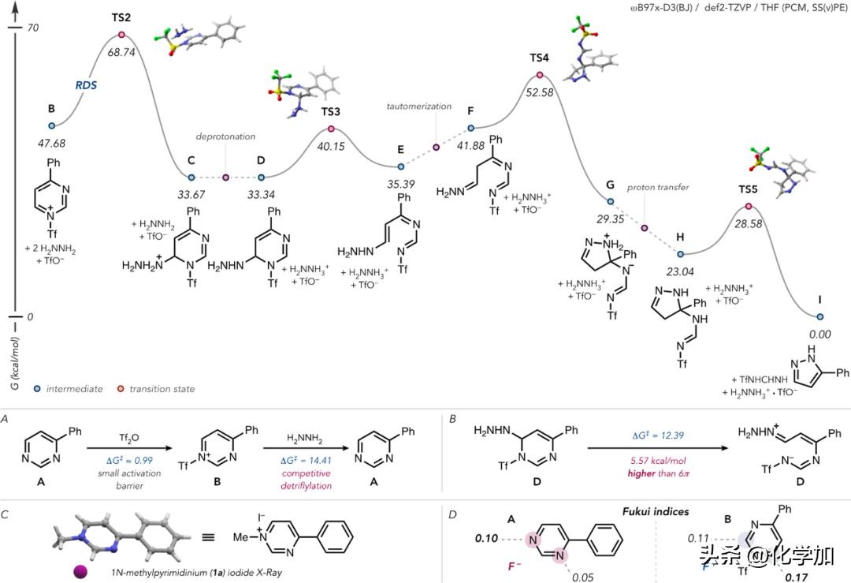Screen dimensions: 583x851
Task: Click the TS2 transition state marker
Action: [121, 35]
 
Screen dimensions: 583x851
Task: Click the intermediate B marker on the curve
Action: [52, 125]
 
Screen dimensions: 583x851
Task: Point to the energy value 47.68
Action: [52, 144]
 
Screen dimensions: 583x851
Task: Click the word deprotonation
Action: [226, 136]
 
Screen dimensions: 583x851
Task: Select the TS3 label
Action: [330, 111]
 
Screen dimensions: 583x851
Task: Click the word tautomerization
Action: [418, 106]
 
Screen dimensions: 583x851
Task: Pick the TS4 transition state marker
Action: [540, 76]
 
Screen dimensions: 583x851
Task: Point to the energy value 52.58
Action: [541, 94]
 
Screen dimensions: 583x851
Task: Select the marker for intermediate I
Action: [820, 316]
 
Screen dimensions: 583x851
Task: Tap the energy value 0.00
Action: [820, 334]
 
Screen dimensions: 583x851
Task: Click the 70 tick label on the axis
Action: [32, 28]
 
